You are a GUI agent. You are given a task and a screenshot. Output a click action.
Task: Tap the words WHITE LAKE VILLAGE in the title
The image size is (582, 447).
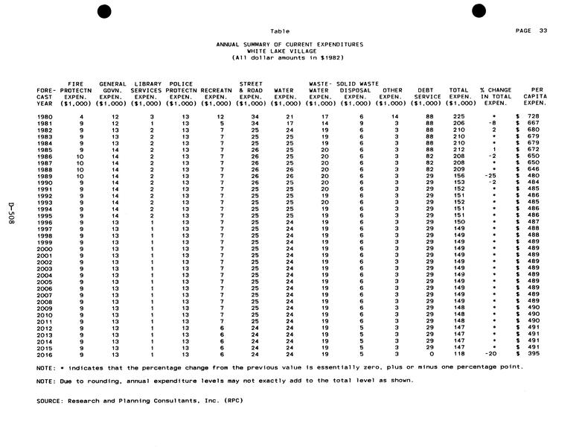click(290, 51)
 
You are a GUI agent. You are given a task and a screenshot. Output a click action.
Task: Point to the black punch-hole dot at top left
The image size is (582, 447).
click(105, 10)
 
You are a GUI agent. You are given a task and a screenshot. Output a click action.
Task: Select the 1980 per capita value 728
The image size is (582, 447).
click(532, 116)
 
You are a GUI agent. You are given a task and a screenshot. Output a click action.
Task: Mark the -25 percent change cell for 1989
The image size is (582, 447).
click(491, 176)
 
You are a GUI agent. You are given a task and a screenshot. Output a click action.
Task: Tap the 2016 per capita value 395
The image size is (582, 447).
click(532, 355)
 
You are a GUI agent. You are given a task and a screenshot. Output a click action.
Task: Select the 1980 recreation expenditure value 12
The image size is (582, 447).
click(220, 116)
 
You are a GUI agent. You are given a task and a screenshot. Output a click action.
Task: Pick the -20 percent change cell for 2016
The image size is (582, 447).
click(491, 355)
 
